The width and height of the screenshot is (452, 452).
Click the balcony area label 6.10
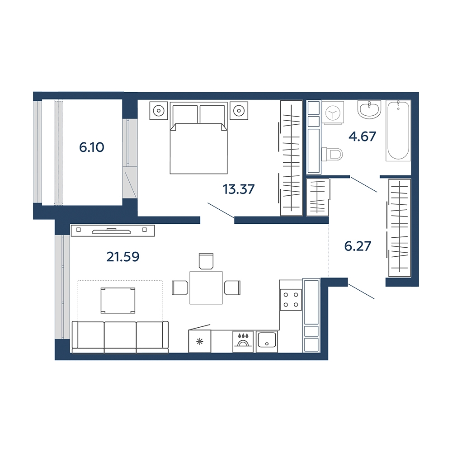pyautogui.click(x=91, y=147)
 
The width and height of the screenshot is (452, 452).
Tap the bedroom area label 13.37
pyautogui.click(x=239, y=189)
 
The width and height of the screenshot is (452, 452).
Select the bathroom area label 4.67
pyautogui.click(x=363, y=137)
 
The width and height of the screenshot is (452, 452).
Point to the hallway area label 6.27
pyautogui.click(x=358, y=246)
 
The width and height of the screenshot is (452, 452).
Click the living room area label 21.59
pyautogui.click(x=123, y=257)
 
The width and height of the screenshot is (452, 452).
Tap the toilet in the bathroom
pyautogui.click(x=332, y=154)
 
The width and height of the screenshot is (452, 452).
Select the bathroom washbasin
pyautogui.click(x=369, y=109)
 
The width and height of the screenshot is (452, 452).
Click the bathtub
pyautogui.click(x=398, y=131)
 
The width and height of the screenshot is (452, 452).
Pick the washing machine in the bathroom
pyautogui.click(x=333, y=113)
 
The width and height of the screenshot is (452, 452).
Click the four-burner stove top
pyautogui.click(x=291, y=300)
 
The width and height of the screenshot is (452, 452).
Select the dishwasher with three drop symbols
pyautogui.click(x=243, y=342)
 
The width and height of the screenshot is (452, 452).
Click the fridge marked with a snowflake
pyautogui.click(x=199, y=342)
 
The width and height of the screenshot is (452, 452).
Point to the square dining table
pyautogui.click(x=206, y=287)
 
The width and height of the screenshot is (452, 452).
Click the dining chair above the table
pyautogui.click(x=206, y=261)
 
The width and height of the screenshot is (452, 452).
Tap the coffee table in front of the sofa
pyautogui.click(x=118, y=301)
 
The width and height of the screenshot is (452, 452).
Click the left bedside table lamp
pyautogui.click(x=159, y=111)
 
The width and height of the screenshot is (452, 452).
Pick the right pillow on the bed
pyautogui.click(x=212, y=114)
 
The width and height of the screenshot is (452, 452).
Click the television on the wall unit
pyautogui.click(x=112, y=231)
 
